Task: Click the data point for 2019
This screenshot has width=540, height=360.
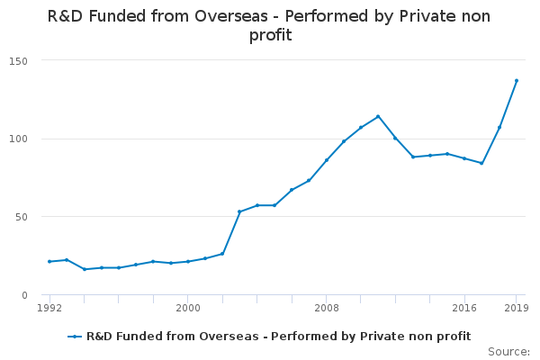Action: (x=517, y=81)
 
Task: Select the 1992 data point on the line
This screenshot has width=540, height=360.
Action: (x=49, y=262)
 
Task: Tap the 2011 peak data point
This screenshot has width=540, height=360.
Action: (x=378, y=116)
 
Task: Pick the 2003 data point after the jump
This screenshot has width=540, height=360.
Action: (x=239, y=211)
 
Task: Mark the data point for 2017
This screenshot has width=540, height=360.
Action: (x=481, y=163)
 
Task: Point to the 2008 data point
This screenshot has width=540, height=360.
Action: (x=326, y=160)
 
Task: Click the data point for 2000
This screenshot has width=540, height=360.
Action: (x=188, y=262)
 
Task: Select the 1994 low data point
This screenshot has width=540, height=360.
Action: (x=85, y=269)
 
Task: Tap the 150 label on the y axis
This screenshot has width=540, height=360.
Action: (x=18, y=61)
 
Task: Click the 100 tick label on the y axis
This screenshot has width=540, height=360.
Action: (x=18, y=139)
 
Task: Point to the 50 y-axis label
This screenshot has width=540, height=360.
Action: (x=22, y=217)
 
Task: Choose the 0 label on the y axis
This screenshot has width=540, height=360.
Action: (x=24, y=295)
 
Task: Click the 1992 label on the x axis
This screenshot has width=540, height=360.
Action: (x=49, y=308)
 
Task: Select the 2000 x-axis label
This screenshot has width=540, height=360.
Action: (x=188, y=308)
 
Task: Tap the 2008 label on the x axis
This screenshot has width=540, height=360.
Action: (x=327, y=308)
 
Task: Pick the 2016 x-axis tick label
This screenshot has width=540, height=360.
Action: (x=464, y=308)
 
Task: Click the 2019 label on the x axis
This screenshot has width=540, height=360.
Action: (x=517, y=308)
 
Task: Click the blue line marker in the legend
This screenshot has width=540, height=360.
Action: (x=75, y=337)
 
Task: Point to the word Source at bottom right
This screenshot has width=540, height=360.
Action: (x=508, y=352)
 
